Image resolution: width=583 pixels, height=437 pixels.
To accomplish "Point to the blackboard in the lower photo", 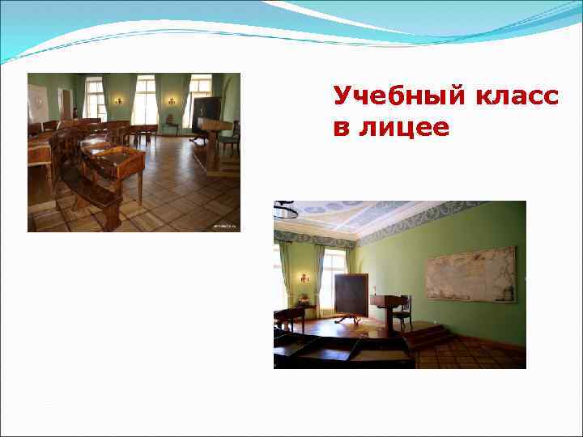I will (x=352, y=295).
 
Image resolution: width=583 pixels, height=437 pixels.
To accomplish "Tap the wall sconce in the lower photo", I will (x=304, y=278).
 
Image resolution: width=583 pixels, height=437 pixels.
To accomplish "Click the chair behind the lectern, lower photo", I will (x=402, y=310).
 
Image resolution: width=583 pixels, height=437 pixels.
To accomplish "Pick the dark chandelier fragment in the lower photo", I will (x=284, y=210).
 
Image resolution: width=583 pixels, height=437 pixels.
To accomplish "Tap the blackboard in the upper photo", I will (x=206, y=111).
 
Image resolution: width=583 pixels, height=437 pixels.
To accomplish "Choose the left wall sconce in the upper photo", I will (x=119, y=101).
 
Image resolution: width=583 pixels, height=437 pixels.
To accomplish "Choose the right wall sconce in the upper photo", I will (x=172, y=101).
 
